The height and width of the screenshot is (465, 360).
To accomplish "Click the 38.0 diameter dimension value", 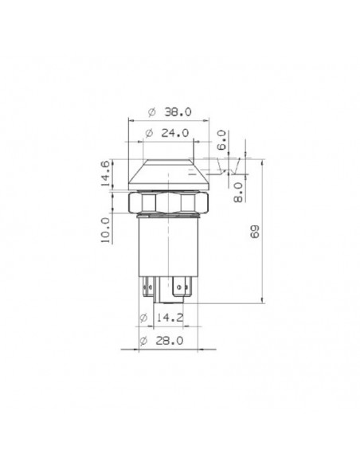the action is [178, 112].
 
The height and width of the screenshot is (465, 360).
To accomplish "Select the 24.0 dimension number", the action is [175, 133].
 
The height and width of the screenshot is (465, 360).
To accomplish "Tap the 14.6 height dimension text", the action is [106, 174].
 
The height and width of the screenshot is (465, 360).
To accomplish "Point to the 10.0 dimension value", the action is [106, 230].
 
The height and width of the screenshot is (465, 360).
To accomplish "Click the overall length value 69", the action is [255, 232].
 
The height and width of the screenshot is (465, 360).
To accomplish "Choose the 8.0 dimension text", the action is [238, 192].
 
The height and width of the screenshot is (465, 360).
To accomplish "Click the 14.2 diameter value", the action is [170, 318].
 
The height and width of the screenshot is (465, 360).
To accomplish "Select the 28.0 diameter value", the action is [170, 341].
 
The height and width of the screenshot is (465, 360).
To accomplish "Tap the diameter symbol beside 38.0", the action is [152, 112].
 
